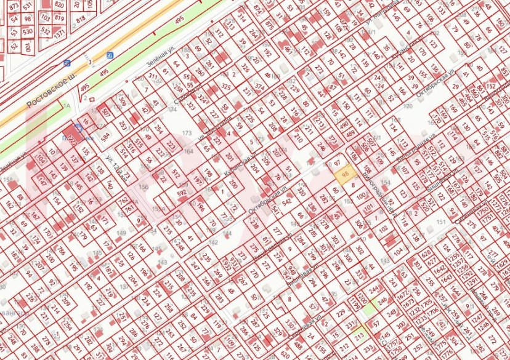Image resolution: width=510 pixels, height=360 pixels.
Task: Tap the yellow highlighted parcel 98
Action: tap(346, 174)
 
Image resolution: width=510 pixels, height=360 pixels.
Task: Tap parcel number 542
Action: tap(286, 201)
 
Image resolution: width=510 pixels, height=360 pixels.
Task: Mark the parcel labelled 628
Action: tap(425, 253)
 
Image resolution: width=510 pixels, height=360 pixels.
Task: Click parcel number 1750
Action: tap(482, 209)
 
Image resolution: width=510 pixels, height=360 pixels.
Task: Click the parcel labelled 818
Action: tap(80, 20)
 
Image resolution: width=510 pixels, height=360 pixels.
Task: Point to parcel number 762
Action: tap(123, 200)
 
